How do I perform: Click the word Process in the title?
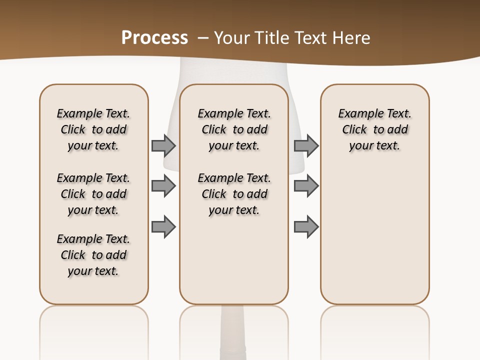pos(154,38)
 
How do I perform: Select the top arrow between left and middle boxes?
pos(163,145)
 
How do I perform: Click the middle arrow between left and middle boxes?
pos(163,186)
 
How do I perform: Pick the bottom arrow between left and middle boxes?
pos(163,227)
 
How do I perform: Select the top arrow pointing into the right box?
pos(306,145)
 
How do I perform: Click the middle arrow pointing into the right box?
pos(306,186)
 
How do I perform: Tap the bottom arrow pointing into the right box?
pos(306,227)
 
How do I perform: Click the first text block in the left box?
pos(93,129)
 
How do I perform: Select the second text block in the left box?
pos(93,194)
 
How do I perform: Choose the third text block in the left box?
pos(93,255)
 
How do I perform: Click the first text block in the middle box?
pos(234,129)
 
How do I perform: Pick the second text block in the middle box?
pos(234,194)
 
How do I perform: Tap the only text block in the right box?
pos(374,129)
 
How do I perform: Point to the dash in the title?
pos(203,38)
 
